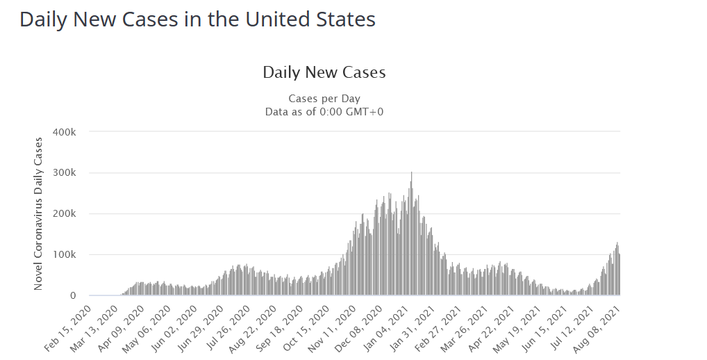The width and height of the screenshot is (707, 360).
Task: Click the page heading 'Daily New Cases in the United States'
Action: pyautogui.click(x=197, y=19)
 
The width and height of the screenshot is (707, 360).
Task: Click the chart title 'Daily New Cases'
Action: pyautogui.click(x=324, y=72)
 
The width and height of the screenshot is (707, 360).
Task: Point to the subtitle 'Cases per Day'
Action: pyautogui.click(x=324, y=99)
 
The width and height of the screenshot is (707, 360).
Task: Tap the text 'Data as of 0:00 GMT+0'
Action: pyautogui.click(x=324, y=111)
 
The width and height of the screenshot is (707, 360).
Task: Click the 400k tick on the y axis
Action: pyautogui.click(x=74, y=132)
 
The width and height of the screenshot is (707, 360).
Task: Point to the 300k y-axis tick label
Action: pyautogui.click(x=74, y=173)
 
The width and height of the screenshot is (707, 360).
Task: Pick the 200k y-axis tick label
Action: pyautogui.click(x=74, y=214)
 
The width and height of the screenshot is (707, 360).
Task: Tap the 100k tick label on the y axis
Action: pyautogui.click(x=74, y=255)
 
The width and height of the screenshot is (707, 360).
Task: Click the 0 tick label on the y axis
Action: pyautogui.click(x=81, y=296)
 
